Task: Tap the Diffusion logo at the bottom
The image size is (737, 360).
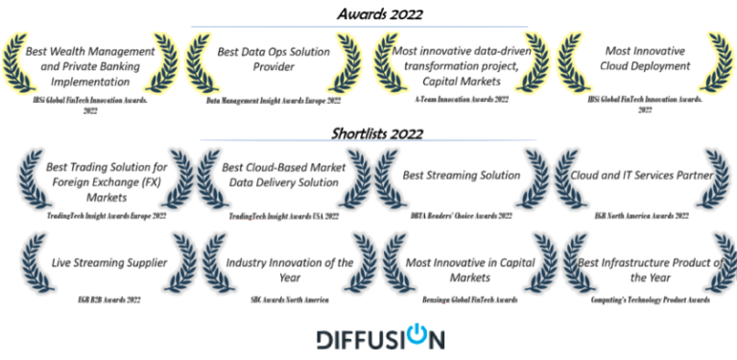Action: point(380,339)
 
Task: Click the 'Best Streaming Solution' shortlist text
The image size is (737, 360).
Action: point(461,176)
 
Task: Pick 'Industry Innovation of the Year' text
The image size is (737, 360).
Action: point(276,270)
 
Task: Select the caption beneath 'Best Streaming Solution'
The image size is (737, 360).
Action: point(460,216)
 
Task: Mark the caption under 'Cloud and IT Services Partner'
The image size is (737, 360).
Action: point(641,216)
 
